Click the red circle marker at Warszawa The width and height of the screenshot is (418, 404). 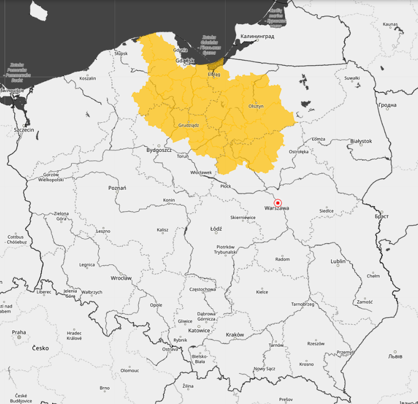tap(277, 203)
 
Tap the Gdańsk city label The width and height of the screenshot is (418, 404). tap(185, 61)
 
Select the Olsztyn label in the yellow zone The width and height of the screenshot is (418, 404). tap(256, 106)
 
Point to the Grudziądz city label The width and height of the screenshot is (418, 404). tap(188, 125)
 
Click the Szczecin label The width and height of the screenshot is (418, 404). tap(24, 130)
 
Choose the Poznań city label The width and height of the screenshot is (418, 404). tap(117, 188)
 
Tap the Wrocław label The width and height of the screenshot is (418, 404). tap(121, 278)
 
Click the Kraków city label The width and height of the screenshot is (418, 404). tap(234, 335)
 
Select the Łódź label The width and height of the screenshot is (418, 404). tap(216, 229)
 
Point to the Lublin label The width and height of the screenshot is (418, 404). tap(338, 262)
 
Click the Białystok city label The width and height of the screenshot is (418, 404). tap(361, 141)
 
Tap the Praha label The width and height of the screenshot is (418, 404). tap(19, 333)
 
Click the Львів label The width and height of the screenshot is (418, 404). tap(394, 356)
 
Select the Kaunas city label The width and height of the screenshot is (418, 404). tap(390, 24)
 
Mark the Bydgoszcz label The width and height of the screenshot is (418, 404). tap(159, 150)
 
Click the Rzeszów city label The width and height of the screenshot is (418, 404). tap(315, 344)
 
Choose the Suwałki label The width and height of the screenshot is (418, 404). tap(352, 78)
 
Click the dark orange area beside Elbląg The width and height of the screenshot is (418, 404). tap(215, 65)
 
